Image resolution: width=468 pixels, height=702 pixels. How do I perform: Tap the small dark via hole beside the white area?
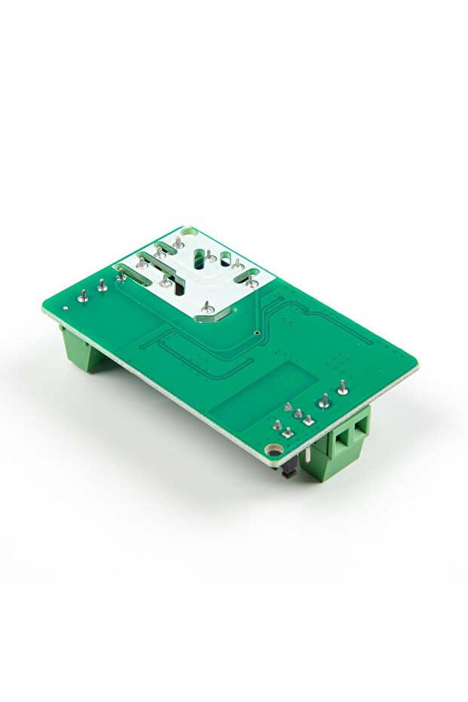click(257, 332)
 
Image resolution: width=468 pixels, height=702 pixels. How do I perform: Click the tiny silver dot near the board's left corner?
click(66, 308)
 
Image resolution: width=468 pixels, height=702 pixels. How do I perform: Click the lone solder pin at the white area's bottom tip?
click(204, 308)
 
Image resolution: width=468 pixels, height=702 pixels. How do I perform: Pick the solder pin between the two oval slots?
click(211, 259)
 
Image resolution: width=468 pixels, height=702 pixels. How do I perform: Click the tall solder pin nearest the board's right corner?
click(343, 388)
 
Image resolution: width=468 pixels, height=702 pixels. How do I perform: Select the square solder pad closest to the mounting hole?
click(288, 432)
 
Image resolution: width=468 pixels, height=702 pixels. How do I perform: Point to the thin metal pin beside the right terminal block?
click(308, 454)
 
